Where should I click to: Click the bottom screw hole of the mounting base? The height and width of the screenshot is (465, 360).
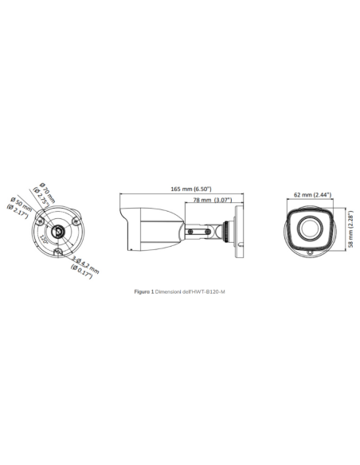[58, 252]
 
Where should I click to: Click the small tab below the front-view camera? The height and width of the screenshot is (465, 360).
[309, 250]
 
